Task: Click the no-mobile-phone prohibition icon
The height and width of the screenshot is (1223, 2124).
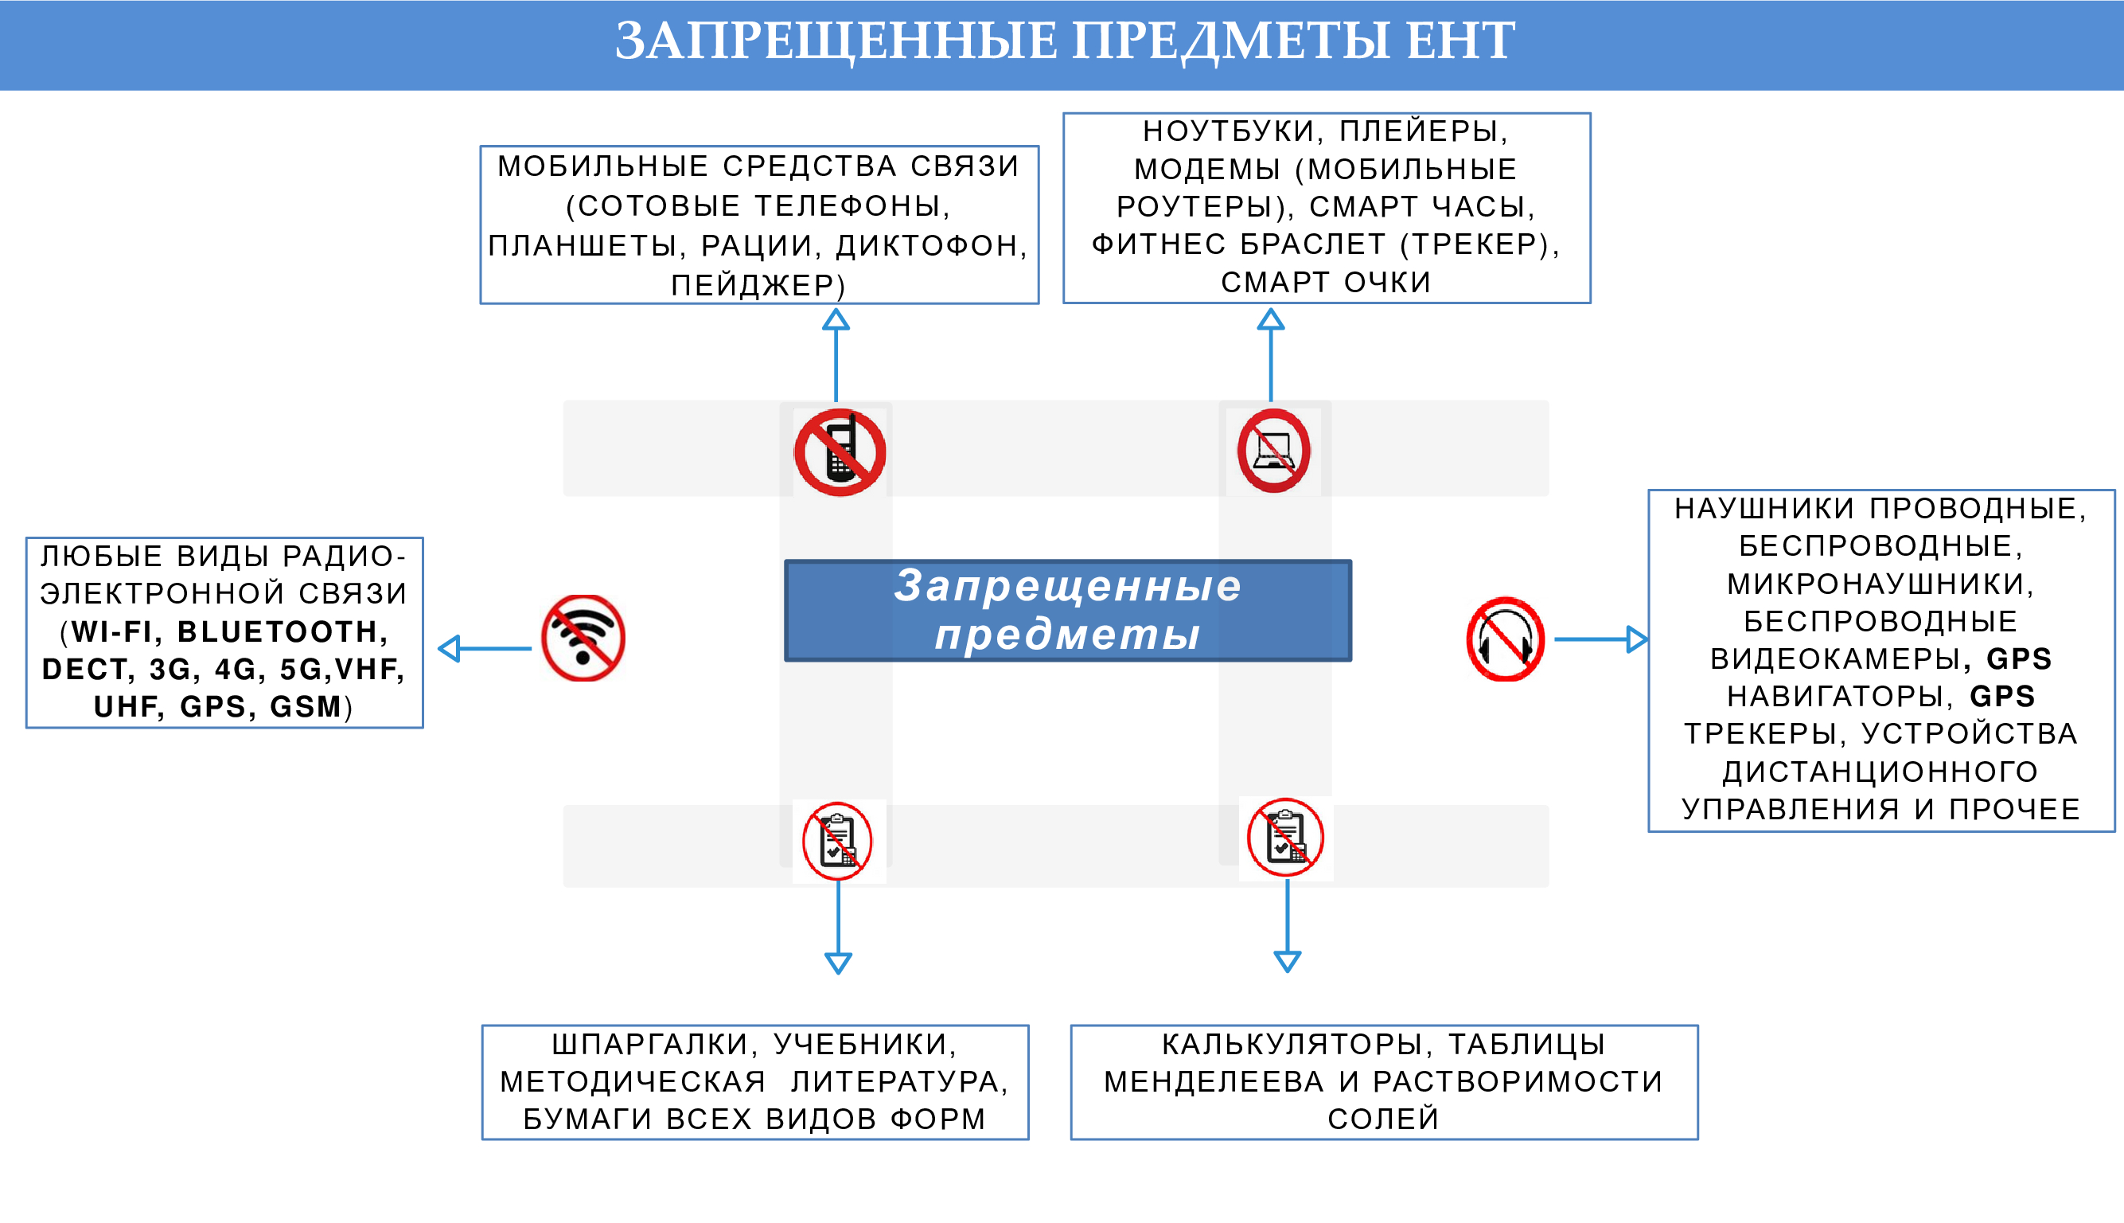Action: pyautogui.click(x=840, y=453)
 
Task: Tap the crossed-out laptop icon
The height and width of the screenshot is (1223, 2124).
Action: pyautogui.click(x=1273, y=451)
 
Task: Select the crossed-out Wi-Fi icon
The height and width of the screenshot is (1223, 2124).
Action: pyautogui.click(x=583, y=639)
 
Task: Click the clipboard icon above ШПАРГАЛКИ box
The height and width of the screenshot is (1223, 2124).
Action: pyautogui.click(x=837, y=841)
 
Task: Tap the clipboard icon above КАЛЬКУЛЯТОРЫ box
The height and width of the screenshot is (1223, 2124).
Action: pyautogui.click(x=1285, y=838)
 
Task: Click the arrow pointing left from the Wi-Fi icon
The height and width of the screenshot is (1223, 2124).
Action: pyautogui.click(x=485, y=648)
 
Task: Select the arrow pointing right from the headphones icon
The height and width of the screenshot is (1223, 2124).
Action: pyautogui.click(x=1600, y=639)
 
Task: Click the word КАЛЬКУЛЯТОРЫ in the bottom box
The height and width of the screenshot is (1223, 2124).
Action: pyautogui.click(x=1292, y=1044)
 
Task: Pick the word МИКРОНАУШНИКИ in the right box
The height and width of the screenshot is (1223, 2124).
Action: pyautogui.click(x=1875, y=584)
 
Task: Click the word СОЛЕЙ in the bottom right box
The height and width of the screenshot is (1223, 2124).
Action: pyautogui.click(x=1384, y=1119)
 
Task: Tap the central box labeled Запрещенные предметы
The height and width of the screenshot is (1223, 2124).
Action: pyautogui.click(x=1067, y=611)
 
